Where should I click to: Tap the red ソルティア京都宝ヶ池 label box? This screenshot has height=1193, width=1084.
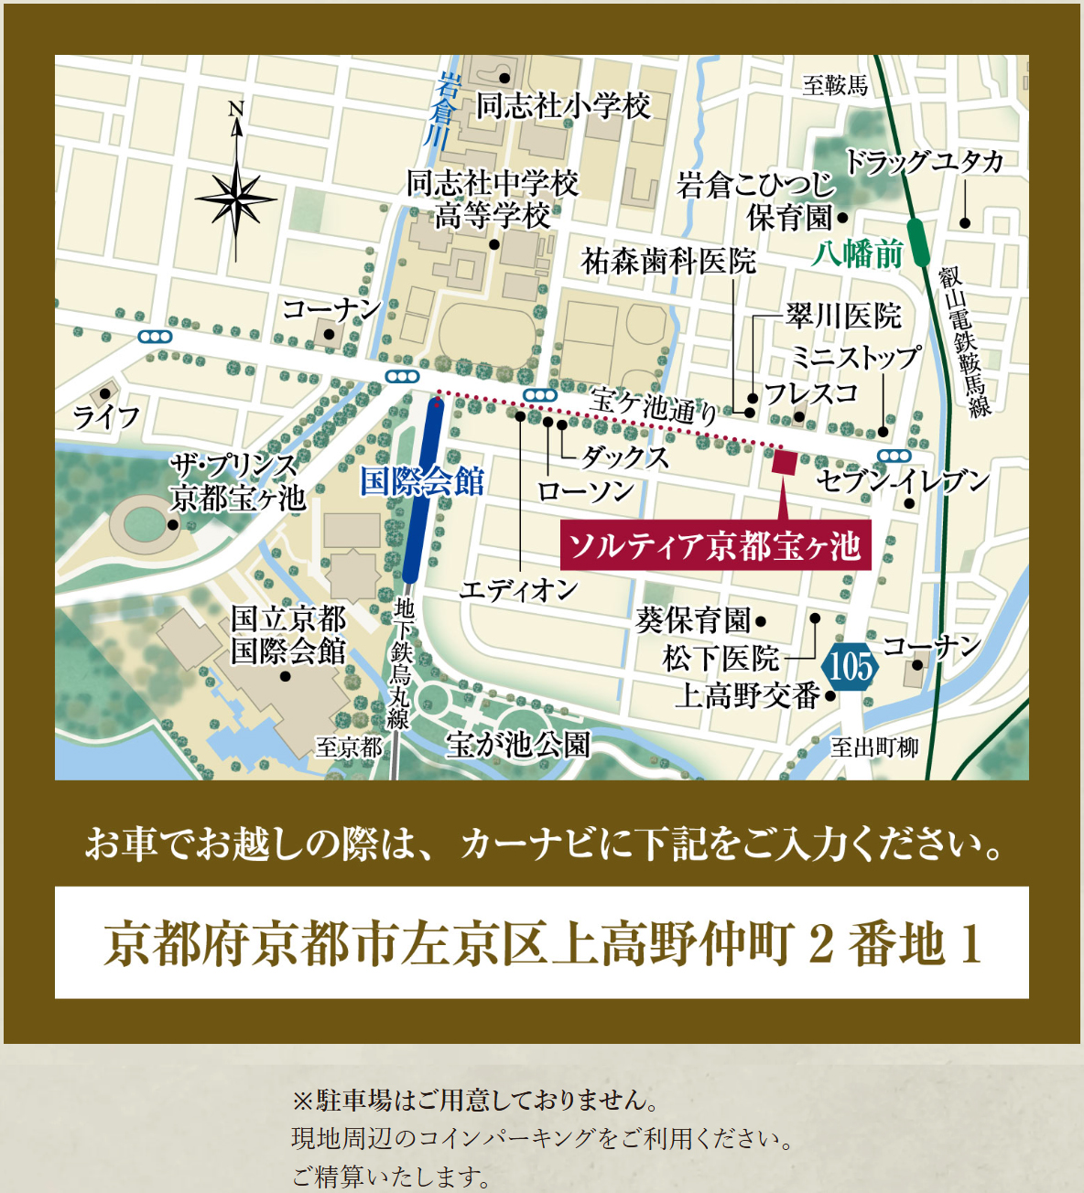[715, 546]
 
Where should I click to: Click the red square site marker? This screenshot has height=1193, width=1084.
[784, 462]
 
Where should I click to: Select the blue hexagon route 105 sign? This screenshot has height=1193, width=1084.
[851, 666]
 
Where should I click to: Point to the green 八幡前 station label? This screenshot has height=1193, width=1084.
[857, 253]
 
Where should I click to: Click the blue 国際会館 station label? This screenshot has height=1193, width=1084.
[421, 481]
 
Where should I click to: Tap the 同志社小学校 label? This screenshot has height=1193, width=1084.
[562, 106]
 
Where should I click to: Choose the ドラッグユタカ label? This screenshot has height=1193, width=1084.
[924, 163]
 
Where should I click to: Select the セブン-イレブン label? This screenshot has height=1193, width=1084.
[903, 480]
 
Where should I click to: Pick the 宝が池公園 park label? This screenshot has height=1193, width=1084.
[518, 745]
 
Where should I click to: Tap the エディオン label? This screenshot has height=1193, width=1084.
[518, 590]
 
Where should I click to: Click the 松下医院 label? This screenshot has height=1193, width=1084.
[721, 658]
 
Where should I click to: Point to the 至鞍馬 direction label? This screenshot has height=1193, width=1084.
[835, 86]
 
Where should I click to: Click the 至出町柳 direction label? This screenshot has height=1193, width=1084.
[874, 747]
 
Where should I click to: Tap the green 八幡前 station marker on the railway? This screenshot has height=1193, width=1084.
[916, 242]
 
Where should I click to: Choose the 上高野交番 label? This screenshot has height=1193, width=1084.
[747, 696]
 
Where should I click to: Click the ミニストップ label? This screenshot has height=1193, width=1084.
[855, 357]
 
